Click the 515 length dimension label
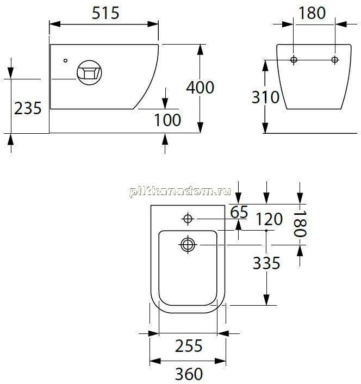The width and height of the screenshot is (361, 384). (x=105, y=13)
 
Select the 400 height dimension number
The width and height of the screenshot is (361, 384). (x=200, y=88)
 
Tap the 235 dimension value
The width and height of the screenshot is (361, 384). (x=28, y=108)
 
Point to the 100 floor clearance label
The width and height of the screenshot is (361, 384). (x=167, y=120)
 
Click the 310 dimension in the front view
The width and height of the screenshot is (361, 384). (x=265, y=97)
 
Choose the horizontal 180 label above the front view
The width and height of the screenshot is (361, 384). (x=312, y=13)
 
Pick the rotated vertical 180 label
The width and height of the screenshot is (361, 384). (x=300, y=224)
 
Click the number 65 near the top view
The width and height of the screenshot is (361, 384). (x=239, y=212)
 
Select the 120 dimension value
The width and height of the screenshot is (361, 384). (x=269, y=219)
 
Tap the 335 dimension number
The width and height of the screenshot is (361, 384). (x=266, y=263)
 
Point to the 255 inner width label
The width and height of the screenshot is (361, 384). (x=189, y=346)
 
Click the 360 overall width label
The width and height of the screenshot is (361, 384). (x=189, y=374)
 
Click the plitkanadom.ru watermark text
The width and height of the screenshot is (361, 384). (x=180, y=191)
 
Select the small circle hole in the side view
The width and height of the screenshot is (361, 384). (x=65, y=60)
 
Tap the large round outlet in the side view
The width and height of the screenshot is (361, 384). (x=89, y=73)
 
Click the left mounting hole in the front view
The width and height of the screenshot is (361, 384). (x=294, y=59)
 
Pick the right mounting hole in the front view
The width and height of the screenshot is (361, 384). (x=334, y=59)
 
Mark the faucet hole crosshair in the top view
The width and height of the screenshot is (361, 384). (x=188, y=219)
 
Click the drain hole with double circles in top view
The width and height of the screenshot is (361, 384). (x=188, y=245)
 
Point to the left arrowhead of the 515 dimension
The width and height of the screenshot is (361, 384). (x=55, y=24)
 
